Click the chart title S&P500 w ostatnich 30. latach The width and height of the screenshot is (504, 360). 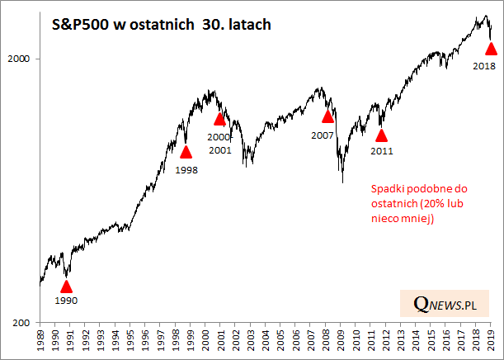[x=156, y=25]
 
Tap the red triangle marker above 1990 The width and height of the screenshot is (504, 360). [x=66, y=287]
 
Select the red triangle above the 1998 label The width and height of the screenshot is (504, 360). [x=186, y=151]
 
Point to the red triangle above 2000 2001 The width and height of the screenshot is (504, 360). [x=219, y=119]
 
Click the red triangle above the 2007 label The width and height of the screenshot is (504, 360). [x=327, y=116]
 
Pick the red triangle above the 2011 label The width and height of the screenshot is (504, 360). [x=381, y=135]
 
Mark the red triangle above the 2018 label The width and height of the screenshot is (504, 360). [x=492, y=50]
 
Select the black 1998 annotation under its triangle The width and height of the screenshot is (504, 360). [x=186, y=169]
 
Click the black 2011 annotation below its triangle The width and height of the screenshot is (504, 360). [x=381, y=151]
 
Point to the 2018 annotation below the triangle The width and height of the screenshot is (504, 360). [x=485, y=65]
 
